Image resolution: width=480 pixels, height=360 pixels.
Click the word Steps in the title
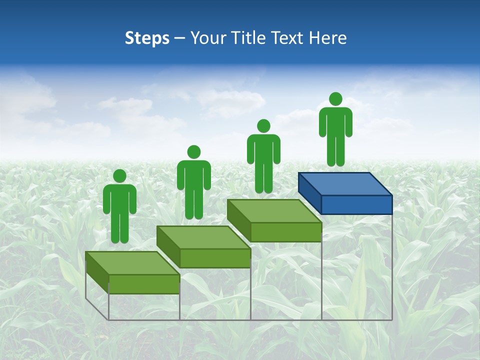click(x=147, y=38)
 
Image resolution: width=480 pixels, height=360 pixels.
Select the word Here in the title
click(x=327, y=38)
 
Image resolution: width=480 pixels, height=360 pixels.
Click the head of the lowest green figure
click(x=119, y=176)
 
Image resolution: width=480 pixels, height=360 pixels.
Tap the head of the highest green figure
click(x=335, y=99)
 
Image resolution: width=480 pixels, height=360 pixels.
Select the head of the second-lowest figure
click(x=193, y=152)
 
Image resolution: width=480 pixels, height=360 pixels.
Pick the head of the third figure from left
click(x=263, y=126)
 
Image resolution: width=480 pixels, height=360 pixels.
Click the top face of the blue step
click(x=345, y=183)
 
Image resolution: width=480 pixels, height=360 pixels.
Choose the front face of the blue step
click(x=356, y=204)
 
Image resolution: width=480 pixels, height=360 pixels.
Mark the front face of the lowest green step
click(x=144, y=284)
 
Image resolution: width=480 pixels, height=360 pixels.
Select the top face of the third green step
click(x=274, y=211)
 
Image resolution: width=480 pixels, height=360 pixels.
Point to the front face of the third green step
click(x=285, y=232)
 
